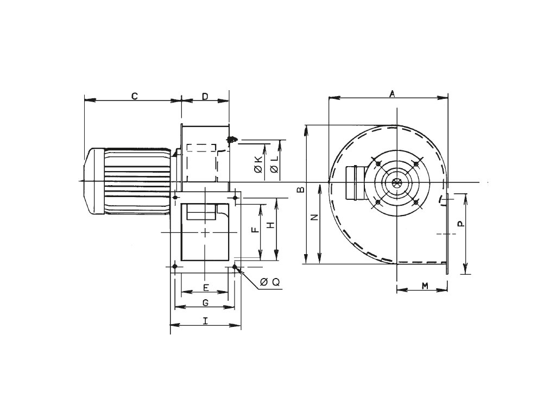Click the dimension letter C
[x=135, y=96]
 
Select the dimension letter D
[x=205, y=96]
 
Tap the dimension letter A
[x=392, y=93]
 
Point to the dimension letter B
[x=301, y=189]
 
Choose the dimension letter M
[x=425, y=286]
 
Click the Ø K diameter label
[x=258, y=164]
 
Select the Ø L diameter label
[x=274, y=165]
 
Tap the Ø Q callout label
[x=270, y=282]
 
